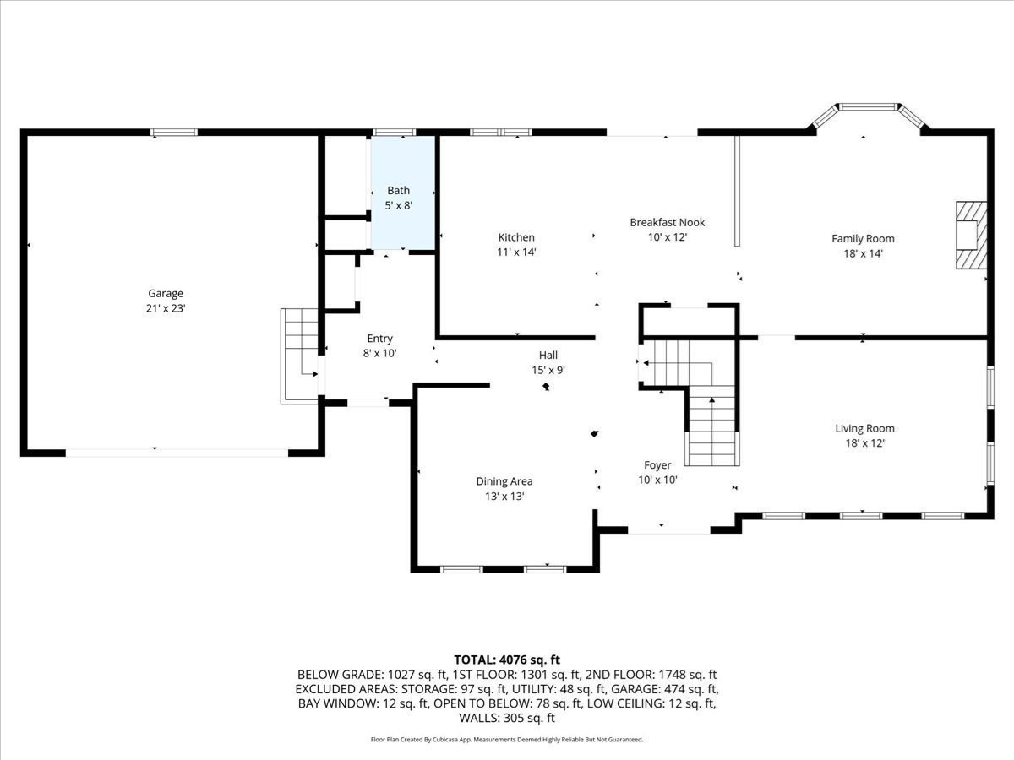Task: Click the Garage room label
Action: pyautogui.click(x=166, y=293)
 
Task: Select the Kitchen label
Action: pyautogui.click(x=515, y=237)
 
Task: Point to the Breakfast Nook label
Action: pyautogui.click(x=667, y=222)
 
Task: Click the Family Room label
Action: pyautogui.click(x=863, y=238)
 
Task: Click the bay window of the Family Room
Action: pyautogui.click(x=869, y=108)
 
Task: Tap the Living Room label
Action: pyautogui.click(x=864, y=428)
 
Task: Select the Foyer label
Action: pyautogui.click(x=657, y=465)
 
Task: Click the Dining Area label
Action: pyautogui.click(x=504, y=481)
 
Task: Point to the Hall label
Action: pyautogui.click(x=548, y=355)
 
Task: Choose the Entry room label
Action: pyautogui.click(x=379, y=339)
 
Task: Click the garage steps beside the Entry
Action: pyautogui.click(x=298, y=355)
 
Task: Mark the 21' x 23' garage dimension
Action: pyautogui.click(x=166, y=308)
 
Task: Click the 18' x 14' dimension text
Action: pyautogui.click(x=863, y=253)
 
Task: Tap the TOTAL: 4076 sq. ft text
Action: pyautogui.click(x=507, y=660)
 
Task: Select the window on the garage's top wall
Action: pyautogui.click(x=174, y=133)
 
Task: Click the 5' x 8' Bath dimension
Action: pyautogui.click(x=398, y=205)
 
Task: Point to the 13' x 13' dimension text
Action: pyautogui.click(x=504, y=497)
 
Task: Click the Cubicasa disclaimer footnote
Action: pyautogui.click(x=507, y=739)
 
